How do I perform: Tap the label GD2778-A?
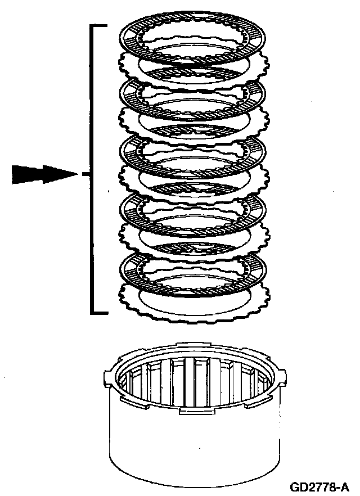pyautogui.click(x=319, y=485)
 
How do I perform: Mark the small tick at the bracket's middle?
pyautogui.click(x=86, y=174)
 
